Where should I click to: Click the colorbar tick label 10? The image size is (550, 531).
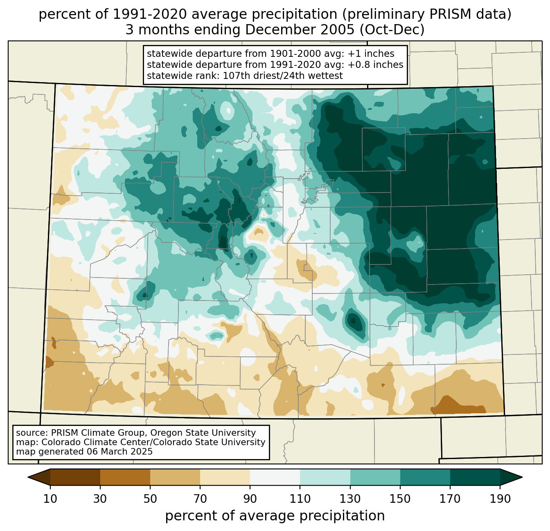[50, 499]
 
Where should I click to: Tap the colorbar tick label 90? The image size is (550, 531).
[250, 499]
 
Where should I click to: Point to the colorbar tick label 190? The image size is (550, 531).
[500, 499]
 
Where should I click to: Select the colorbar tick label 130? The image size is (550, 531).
[350, 499]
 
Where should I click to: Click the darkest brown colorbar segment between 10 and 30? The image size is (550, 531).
[75, 477]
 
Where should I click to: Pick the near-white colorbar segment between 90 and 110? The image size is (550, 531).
[275, 477]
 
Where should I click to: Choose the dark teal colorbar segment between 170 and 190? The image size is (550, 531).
[475, 477]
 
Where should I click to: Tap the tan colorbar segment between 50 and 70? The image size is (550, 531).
[175, 477]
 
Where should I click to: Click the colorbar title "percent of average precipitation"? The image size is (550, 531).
[275, 516]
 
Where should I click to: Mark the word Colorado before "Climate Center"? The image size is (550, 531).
[59, 442]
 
